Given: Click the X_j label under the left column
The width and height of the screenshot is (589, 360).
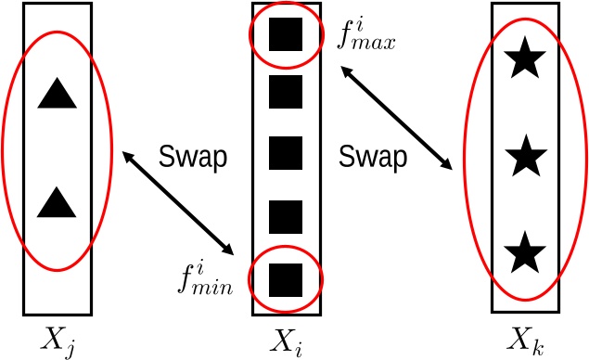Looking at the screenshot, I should tap(58, 338).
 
